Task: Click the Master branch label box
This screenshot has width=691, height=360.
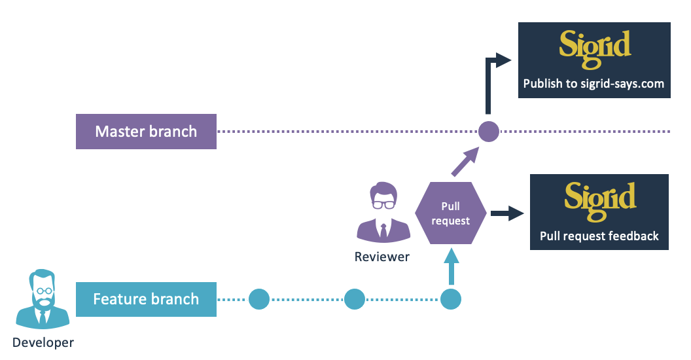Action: click(146, 132)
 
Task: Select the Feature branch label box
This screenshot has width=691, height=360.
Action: click(146, 299)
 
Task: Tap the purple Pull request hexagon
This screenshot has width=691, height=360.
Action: click(450, 213)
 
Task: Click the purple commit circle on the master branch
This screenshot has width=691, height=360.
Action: click(489, 132)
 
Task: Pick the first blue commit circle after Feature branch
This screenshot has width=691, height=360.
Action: click(259, 299)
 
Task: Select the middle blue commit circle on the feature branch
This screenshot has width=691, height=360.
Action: click(354, 299)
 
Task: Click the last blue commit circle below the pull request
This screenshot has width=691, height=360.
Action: click(451, 299)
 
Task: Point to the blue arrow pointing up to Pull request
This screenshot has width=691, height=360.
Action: click(451, 266)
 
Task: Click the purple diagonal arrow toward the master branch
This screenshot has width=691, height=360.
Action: click(465, 161)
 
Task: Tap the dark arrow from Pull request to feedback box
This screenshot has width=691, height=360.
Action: click(506, 213)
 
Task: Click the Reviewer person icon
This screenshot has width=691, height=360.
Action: click(383, 212)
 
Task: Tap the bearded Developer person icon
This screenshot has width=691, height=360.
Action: click(43, 298)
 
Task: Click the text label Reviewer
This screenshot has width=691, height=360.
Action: click(382, 257)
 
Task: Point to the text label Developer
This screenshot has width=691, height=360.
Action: click(43, 342)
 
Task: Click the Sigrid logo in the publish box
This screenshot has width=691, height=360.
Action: click(595, 49)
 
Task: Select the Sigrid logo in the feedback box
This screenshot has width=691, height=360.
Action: click(600, 201)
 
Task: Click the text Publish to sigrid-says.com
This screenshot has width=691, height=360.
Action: click(594, 84)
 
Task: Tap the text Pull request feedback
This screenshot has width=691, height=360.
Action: click(599, 236)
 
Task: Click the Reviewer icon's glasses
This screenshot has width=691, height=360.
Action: click(383, 204)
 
